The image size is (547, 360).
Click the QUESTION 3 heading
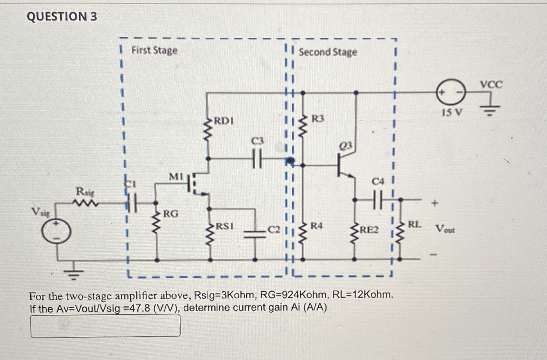click(62, 17)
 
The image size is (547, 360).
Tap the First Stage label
click(154, 51)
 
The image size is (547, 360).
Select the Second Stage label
click(328, 52)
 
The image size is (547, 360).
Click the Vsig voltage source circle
click(56, 232)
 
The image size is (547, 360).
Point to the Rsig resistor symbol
click(85, 203)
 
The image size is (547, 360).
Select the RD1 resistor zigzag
click(208, 130)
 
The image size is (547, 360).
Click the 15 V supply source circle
click(451, 92)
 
